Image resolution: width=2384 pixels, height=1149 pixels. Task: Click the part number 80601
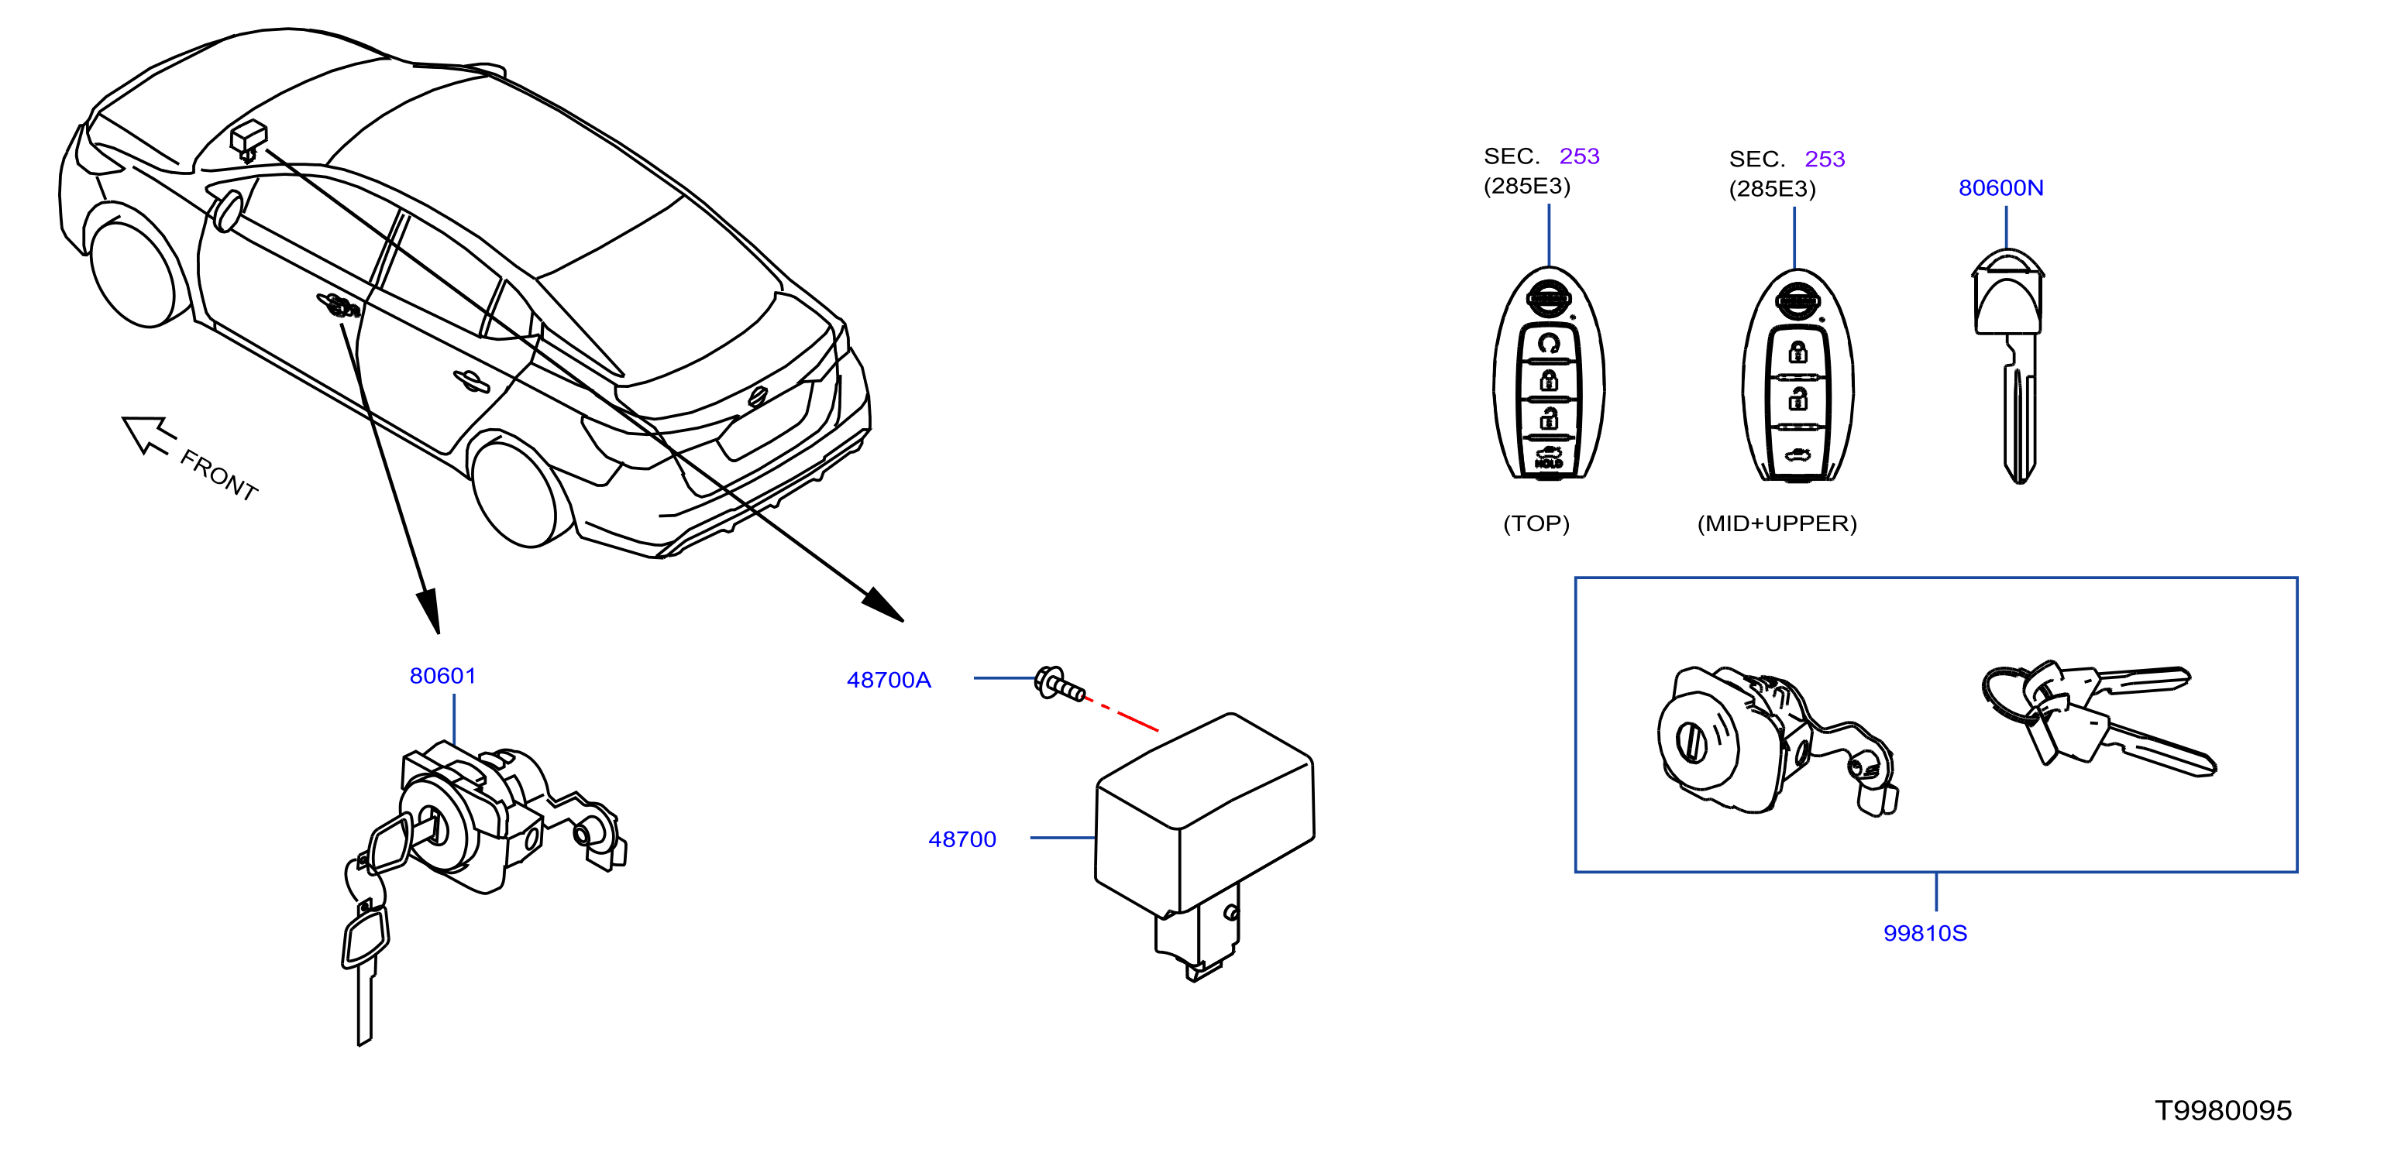click(442, 676)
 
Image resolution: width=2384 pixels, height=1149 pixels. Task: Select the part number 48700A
click(889, 680)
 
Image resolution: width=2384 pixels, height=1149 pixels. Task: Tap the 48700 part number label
click(962, 839)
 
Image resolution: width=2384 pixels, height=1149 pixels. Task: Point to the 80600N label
click(2000, 188)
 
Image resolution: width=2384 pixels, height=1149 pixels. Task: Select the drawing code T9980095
click(2223, 1110)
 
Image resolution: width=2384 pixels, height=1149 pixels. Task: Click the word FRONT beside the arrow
click(218, 475)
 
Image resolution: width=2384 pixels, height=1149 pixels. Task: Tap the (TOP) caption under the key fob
click(1536, 523)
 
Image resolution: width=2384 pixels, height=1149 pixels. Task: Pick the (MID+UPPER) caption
click(1777, 523)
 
